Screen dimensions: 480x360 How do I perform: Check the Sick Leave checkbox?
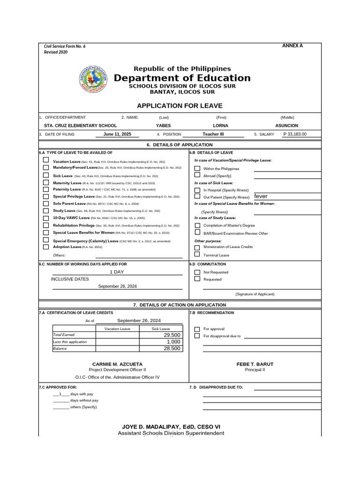click(x=46, y=175)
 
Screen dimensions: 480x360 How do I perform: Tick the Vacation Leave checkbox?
click(x=46, y=160)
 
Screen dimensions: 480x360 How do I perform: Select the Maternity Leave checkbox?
click(x=46, y=182)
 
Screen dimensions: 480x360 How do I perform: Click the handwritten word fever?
click(x=261, y=196)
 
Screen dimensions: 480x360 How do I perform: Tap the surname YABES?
click(x=163, y=126)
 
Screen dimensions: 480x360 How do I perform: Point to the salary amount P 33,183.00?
click(x=295, y=134)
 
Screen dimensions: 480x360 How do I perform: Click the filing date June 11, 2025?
click(x=117, y=134)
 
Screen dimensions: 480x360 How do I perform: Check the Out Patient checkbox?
click(x=197, y=197)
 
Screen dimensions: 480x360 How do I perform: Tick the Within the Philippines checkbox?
click(x=197, y=168)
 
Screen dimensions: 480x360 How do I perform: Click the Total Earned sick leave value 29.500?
click(x=172, y=336)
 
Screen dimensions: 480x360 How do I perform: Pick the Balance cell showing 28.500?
click(x=172, y=349)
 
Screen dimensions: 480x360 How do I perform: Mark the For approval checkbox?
click(x=197, y=329)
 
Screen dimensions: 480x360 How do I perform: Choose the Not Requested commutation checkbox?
click(x=197, y=272)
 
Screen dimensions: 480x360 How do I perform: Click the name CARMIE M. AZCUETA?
click(x=117, y=364)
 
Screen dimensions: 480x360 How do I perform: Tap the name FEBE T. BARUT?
click(x=255, y=364)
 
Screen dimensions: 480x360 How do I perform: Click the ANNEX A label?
click(x=292, y=46)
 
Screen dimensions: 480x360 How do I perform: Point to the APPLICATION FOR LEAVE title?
click(x=180, y=106)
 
